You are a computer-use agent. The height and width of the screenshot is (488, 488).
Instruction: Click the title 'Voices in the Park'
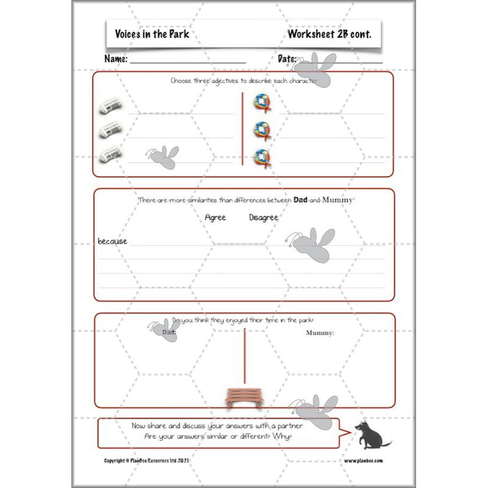152,34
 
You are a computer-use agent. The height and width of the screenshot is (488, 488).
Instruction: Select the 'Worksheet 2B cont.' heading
329,34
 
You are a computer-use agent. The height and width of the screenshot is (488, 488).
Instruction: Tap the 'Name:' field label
116,59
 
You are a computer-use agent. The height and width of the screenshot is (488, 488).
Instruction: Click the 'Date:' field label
287,59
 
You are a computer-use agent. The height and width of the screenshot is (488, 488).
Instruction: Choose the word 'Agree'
215,218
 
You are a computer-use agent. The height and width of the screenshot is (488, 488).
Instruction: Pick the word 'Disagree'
264,218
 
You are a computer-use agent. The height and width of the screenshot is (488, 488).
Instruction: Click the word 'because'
113,242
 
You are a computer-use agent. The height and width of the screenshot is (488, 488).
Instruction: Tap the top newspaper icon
111,106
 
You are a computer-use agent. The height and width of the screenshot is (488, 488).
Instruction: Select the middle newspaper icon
111,130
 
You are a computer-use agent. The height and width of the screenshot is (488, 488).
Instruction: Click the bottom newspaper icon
111,154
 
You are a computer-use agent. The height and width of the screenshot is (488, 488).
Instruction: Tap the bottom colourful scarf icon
262,157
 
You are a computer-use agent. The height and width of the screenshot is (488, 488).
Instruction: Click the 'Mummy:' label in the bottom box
320,333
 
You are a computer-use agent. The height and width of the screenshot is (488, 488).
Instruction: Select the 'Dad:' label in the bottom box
169,333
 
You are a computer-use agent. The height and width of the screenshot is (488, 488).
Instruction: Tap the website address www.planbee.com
363,460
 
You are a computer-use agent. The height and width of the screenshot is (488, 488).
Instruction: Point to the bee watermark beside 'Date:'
320,68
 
